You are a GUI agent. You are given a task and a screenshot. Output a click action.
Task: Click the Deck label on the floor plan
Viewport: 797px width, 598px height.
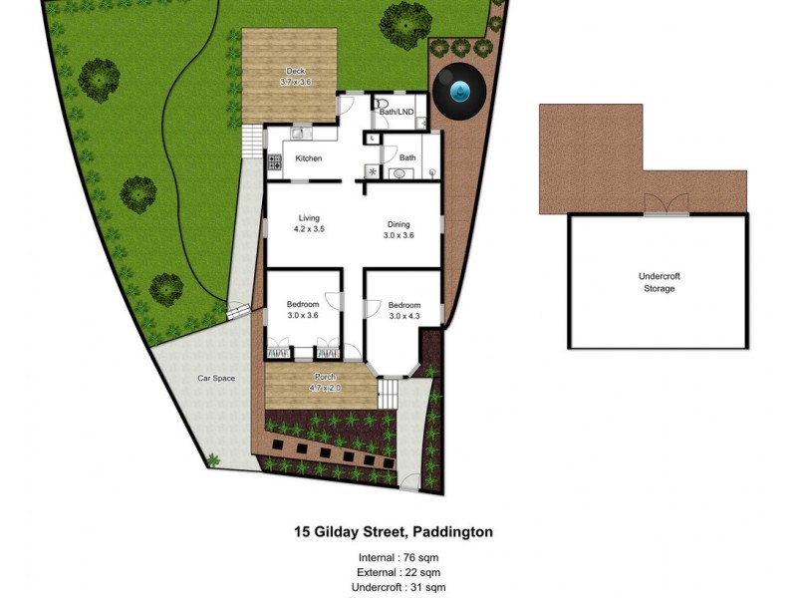[x=295, y=71]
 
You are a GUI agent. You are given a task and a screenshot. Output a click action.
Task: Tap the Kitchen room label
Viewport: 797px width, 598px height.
[x=309, y=158]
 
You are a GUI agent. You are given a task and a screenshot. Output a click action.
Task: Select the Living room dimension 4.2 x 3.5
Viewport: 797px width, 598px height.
[x=309, y=229]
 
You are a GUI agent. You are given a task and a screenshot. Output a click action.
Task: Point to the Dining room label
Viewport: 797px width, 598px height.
[x=398, y=224]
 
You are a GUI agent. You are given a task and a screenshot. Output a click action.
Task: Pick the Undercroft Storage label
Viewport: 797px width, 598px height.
[x=658, y=282]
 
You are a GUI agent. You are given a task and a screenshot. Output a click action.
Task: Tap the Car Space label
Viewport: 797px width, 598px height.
[x=216, y=378]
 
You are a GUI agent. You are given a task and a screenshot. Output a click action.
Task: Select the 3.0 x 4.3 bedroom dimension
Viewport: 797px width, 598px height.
[x=404, y=316]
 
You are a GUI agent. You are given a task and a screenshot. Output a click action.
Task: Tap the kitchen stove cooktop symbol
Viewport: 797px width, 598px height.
[x=273, y=161]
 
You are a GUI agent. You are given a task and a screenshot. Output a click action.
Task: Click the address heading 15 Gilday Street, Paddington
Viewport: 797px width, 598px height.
[x=393, y=532]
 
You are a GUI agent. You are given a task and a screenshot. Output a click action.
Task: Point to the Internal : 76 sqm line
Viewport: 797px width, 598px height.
[x=398, y=557]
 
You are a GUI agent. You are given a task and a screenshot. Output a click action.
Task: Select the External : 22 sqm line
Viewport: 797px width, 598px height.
[x=398, y=572]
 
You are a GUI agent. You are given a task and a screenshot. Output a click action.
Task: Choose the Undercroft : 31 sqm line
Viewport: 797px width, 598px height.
[x=398, y=588]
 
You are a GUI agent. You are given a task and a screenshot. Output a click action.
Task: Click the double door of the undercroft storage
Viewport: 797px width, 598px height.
[x=664, y=204]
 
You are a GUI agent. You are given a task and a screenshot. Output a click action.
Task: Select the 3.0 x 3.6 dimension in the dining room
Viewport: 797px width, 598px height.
[x=398, y=235]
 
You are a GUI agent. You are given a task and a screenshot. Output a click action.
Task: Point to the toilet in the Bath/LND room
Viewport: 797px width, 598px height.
[x=382, y=104]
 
